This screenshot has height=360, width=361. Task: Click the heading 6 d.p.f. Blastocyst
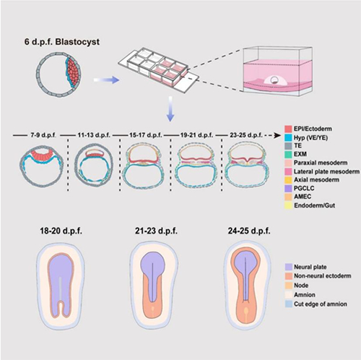coord(62,42)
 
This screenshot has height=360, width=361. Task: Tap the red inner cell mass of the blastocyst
coord(74,71)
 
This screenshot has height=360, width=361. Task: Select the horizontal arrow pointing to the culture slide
coord(106,80)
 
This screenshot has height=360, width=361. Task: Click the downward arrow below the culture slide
coord(170,109)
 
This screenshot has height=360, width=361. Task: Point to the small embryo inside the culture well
coord(274,80)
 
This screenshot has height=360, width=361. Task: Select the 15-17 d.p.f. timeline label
coord(146,135)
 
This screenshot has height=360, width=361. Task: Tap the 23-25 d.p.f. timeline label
coord(246,135)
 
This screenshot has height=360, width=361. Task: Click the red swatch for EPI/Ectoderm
coord(288,129)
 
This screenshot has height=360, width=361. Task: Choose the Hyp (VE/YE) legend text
coord(310,137)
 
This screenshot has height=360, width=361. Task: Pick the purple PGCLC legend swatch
coord(288,188)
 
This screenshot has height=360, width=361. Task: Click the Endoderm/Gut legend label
coord(314,205)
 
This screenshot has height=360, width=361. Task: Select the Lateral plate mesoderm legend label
coord(326,171)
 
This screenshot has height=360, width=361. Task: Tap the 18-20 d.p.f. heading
coord(61,231)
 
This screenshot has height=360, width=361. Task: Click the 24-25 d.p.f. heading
coord(249,231)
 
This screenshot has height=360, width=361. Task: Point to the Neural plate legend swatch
coord(288,267)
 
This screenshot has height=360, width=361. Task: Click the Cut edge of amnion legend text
coord(321,304)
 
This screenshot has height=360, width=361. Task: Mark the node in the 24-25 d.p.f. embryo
coord(245,313)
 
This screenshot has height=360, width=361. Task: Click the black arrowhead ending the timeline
coord(277,135)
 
